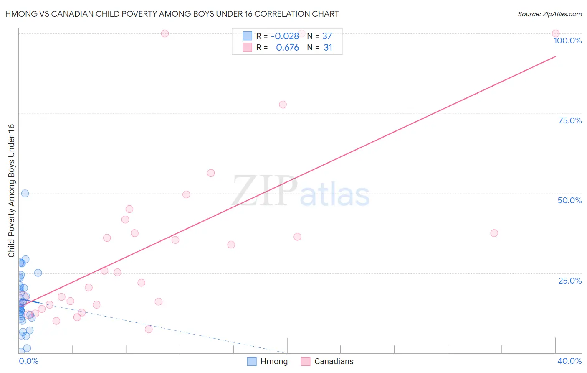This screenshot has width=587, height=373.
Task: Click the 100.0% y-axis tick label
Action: point(567,41)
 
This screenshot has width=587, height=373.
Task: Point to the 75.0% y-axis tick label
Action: point(570,120)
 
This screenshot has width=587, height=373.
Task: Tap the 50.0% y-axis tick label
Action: point(569,200)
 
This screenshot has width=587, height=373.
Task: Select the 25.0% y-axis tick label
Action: point(570,280)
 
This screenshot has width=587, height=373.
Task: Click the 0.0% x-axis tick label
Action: point(28,361)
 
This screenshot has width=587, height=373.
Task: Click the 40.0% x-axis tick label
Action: point(569,361)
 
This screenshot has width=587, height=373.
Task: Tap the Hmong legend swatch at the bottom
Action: point(252,361)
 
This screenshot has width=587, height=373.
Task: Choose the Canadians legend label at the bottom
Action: point(334,361)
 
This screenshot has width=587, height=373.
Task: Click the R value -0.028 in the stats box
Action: point(285,36)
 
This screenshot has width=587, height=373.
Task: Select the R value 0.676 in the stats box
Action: point(287,48)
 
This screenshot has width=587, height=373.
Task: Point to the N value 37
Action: point(327,36)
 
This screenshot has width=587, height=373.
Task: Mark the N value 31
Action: point(328,48)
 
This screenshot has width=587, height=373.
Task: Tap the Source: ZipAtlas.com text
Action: point(549,14)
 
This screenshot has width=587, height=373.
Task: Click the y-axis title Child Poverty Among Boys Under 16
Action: point(12,191)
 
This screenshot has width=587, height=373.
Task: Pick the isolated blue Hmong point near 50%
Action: point(25,193)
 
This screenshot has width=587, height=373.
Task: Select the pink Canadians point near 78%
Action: point(283,105)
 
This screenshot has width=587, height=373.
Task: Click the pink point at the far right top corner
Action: point(556,33)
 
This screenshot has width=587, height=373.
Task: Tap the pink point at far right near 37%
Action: point(494,233)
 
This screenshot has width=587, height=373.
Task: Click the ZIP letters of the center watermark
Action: point(264,191)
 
